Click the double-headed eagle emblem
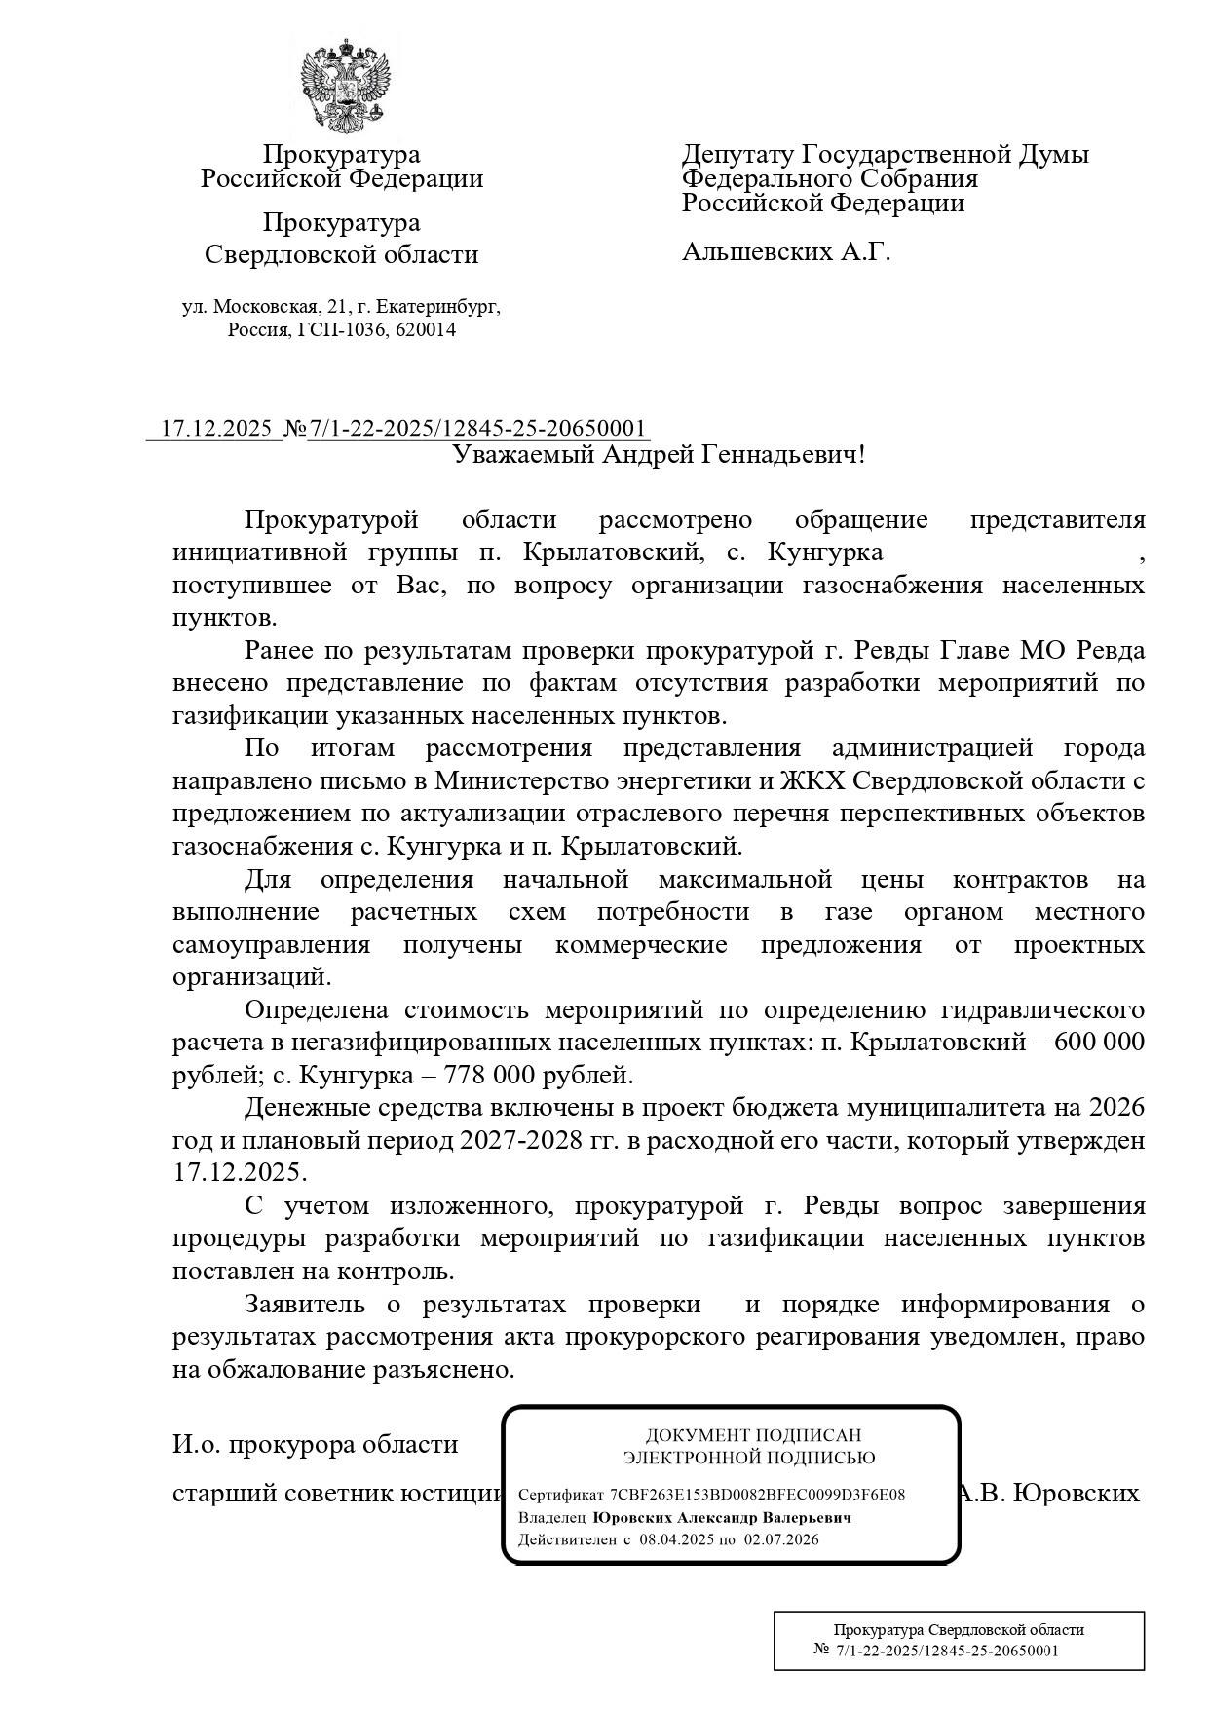click(343, 86)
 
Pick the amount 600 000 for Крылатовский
click(1099, 1043)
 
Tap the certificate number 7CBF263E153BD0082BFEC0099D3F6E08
click(757, 1495)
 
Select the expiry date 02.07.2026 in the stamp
click(781, 1540)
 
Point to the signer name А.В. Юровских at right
click(1048, 1494)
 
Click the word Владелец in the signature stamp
click(551, 1518)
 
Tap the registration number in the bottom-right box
click(947, 1651)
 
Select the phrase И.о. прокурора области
click(315, 1444)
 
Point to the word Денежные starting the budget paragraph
click(301, 1108)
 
